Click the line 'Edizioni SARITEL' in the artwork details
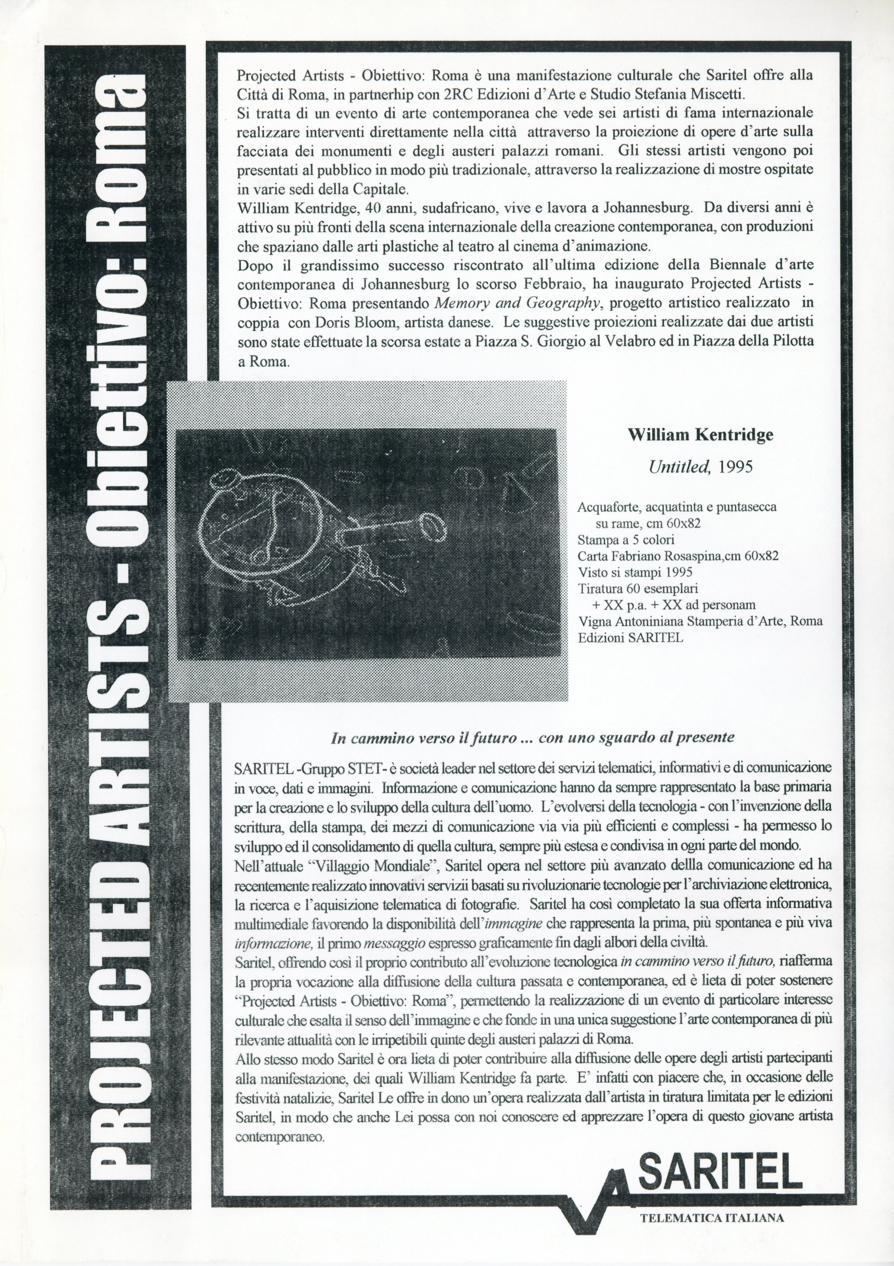click(x=630, y=638)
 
